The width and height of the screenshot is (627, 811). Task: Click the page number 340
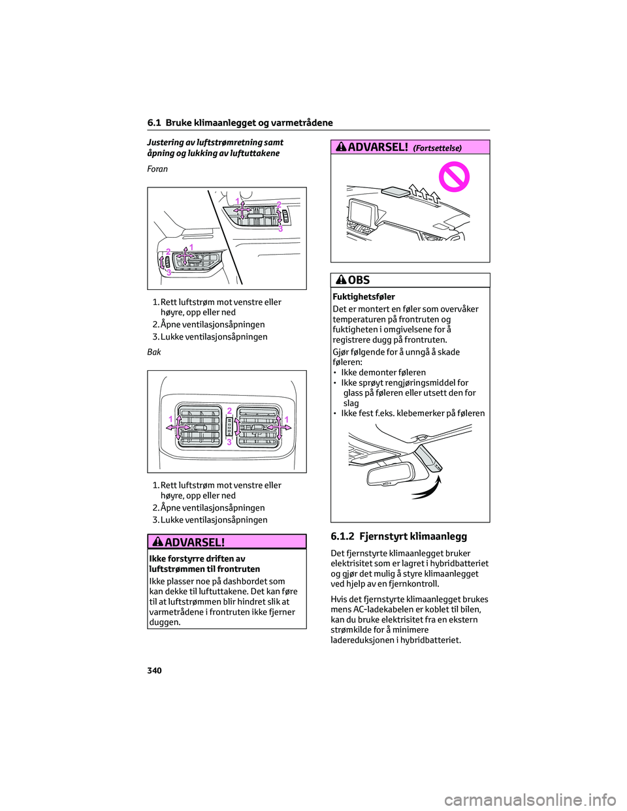click(x=154, y=671)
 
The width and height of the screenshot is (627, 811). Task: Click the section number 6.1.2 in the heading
click(x=342, y=537)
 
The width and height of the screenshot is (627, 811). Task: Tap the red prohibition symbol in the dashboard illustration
click(x=454, y=177)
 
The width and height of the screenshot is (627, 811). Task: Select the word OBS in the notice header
click(x=359, y=280)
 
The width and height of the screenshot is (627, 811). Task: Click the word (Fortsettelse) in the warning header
click(x=438, y=148)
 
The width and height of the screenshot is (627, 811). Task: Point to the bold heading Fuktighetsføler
click(x=364, y=296)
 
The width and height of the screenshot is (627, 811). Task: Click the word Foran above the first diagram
click(x=157, y=169)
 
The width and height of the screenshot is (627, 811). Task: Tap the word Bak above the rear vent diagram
click(x=154, y=352)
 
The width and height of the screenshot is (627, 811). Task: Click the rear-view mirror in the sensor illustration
click(x=392, y=473)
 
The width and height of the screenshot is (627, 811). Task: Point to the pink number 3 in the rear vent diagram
click(x=229, y=442)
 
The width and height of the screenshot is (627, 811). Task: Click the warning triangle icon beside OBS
click(x=340, y=280)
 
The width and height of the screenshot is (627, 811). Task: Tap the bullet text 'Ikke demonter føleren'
click(x=383, y=373)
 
